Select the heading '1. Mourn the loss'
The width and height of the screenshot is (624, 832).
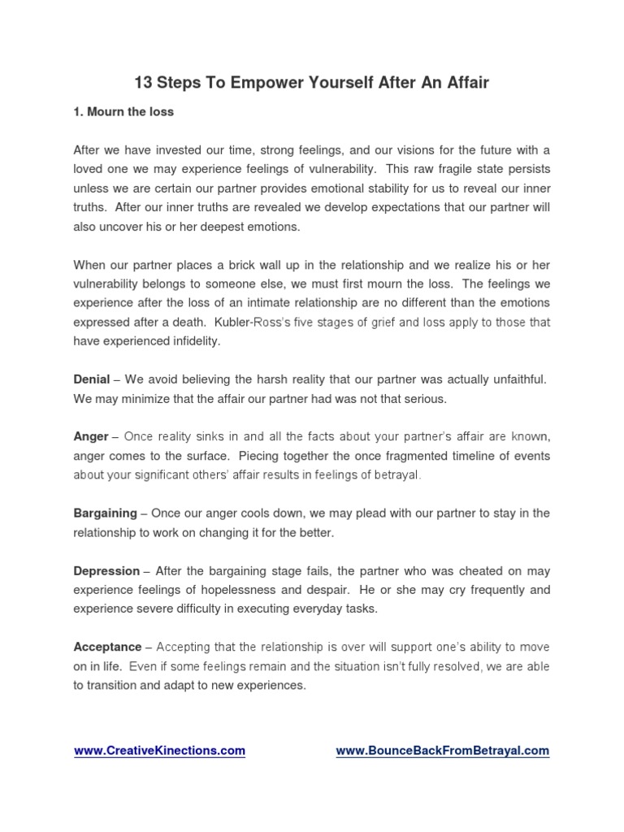pyautogui.click(x=123, y=111)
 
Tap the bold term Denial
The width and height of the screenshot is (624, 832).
pyautogui.click(x=92, y=379)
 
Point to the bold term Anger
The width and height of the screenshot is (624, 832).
pyautogui.click(x=91, y=436)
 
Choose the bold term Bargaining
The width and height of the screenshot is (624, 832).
pyautogui.click(x=105, y=513)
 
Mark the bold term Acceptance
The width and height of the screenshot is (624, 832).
pyautogui.click(x=107, y=647)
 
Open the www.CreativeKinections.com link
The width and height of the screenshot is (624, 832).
pyautogui.click(x=159, y=751)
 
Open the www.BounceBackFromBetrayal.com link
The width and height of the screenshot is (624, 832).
pyautogui.click(x=443, y=751)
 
